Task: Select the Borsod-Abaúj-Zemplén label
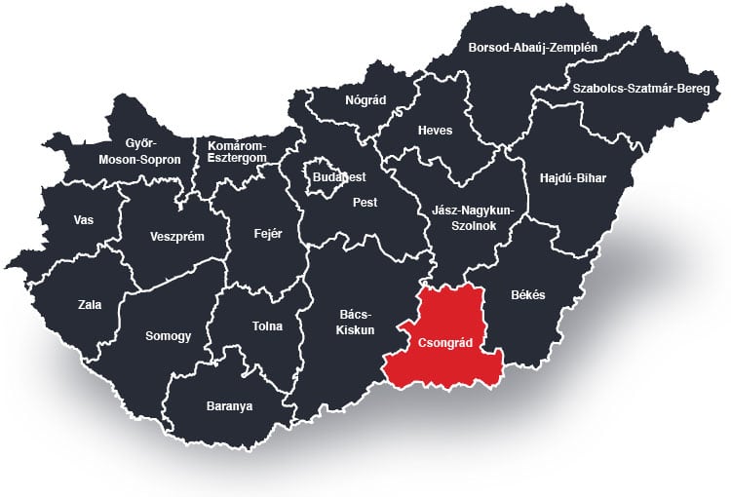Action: [533, 46]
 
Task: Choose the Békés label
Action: [528, 294]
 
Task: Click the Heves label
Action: [435, 130]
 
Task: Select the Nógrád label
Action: [365, 99]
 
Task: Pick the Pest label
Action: [365, 203]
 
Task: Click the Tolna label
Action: [267, 327]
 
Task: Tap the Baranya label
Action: [229, 405]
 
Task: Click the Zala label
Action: [90, 304]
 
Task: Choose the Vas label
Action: [84, 219]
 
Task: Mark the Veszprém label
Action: [176, 236]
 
